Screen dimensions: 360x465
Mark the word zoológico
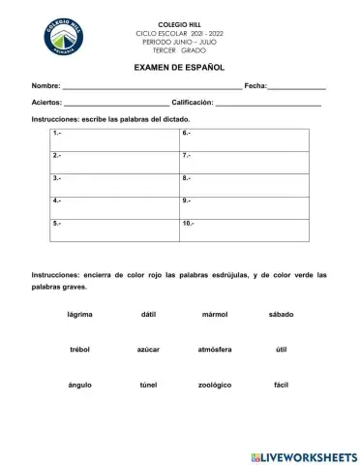point(214,385)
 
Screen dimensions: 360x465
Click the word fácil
point(281,385)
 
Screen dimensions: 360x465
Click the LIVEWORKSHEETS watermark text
point(308,455)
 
